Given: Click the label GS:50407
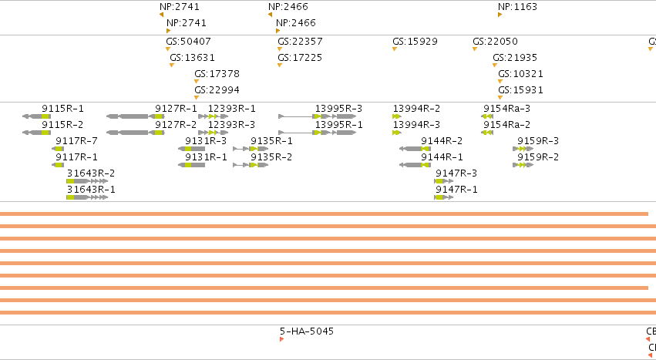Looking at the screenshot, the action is pyautogui.click(x=188, y=42).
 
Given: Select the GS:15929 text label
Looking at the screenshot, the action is pyautogui.click(x=415, y=42).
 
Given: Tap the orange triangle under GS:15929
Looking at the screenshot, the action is pyautogui.click(x=395, y=49).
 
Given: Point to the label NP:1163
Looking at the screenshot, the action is pyautogui.click(x=517, y=7).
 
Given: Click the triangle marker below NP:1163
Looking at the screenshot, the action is pyautogui.click(x=500, y=15).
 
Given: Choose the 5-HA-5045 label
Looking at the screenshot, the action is pyautogui.click(x=307, y=331).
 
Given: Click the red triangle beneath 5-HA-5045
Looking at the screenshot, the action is pyautogui.click(x=281, y=339).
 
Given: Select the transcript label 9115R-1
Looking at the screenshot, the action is pyautogui.click(x=62, y=109).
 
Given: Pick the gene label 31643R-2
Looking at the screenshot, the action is pyautogui.click(x=91, y=173).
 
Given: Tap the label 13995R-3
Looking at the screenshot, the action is pyautogui.click(x=339, y=109).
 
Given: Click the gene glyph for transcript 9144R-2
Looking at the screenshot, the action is pyautogui.click(x=415, y=149).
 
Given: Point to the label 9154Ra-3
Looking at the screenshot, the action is pyautogui.click(x=506, y=109).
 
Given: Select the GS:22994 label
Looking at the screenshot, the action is pyautogui.click(x=217, y=90).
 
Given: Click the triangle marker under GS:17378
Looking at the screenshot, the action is pyautogui.click(x=197, y=81).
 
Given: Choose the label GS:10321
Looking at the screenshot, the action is pyautogui.click(x=520, y=74).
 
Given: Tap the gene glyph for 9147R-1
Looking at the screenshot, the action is pyautogui.click(x=444, y=197).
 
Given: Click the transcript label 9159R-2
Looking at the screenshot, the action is pyautogui.click(x=538, y=157).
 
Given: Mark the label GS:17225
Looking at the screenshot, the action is pyautogui.click(x=300, y=57).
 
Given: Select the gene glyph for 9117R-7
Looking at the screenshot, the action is pyautogui.click(x=58, y=149).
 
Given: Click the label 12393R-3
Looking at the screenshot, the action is pyautogui.click(x=232, y=125).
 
